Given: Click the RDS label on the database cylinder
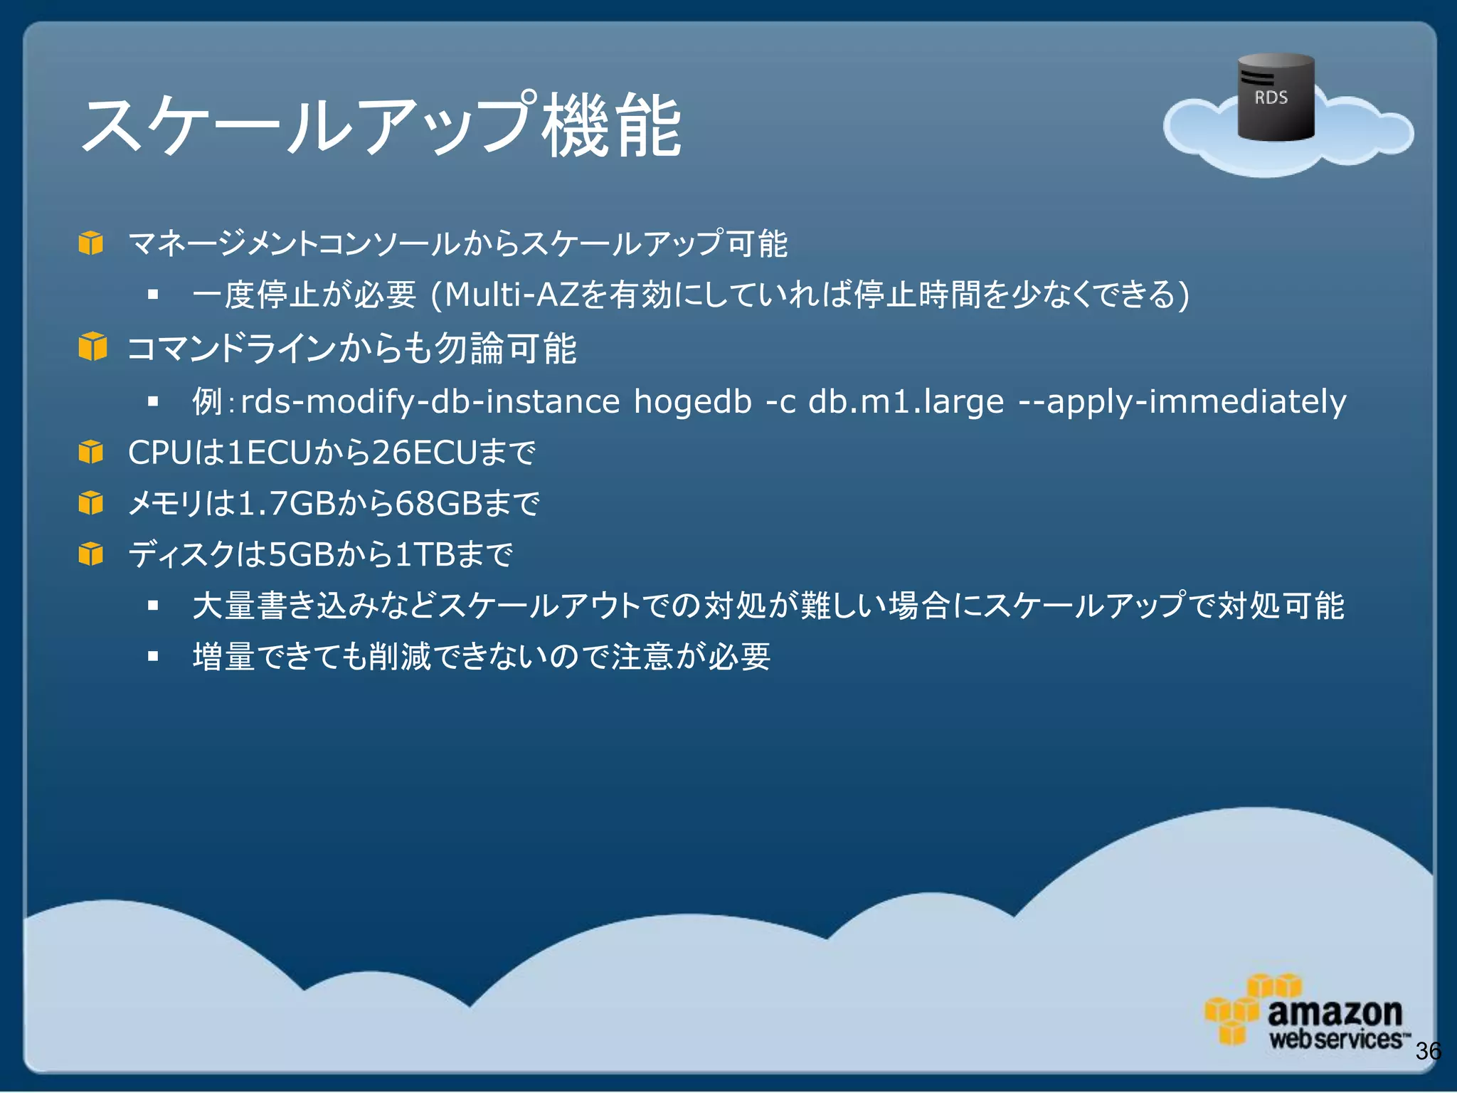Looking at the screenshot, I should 1271,97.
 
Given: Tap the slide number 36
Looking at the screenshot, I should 1428,1051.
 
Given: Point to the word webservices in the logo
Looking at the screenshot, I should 1335,1040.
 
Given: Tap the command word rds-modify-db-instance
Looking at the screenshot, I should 430,401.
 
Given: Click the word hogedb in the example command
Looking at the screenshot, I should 692,401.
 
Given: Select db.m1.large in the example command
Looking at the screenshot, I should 906,401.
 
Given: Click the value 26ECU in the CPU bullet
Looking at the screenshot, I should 424,453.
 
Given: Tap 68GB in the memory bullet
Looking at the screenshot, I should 438,504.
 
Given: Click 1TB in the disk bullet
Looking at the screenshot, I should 425,554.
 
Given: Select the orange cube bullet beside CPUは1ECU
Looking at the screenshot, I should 91,452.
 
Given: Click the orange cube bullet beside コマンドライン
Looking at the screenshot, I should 92,347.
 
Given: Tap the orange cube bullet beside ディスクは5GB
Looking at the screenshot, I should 91,554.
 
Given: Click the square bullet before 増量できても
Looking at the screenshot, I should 153,656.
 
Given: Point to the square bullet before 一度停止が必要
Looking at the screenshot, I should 153,294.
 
